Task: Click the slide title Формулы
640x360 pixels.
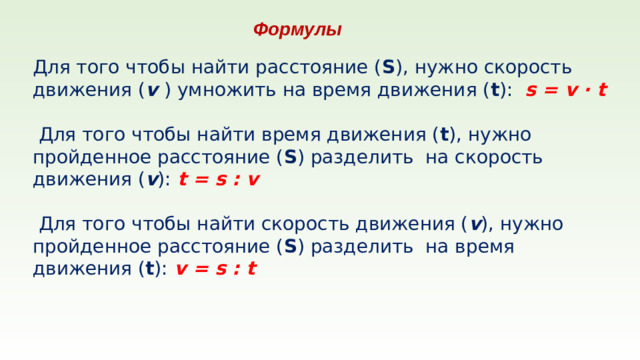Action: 297,30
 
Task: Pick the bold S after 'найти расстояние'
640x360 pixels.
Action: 387,67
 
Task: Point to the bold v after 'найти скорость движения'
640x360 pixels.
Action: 476,223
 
